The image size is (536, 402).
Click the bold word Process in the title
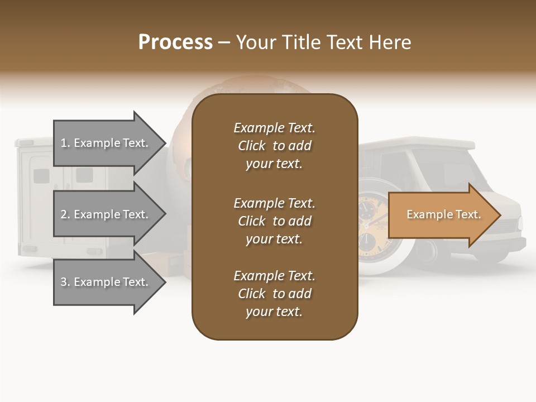click(175, 42)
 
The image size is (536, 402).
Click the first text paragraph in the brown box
click(274, 145)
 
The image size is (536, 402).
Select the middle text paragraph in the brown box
click(274, 221)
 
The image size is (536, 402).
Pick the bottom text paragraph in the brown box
click(274, 293)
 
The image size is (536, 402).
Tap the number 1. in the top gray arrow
click(65, 143)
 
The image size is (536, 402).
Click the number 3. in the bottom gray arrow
click(65, 282)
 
